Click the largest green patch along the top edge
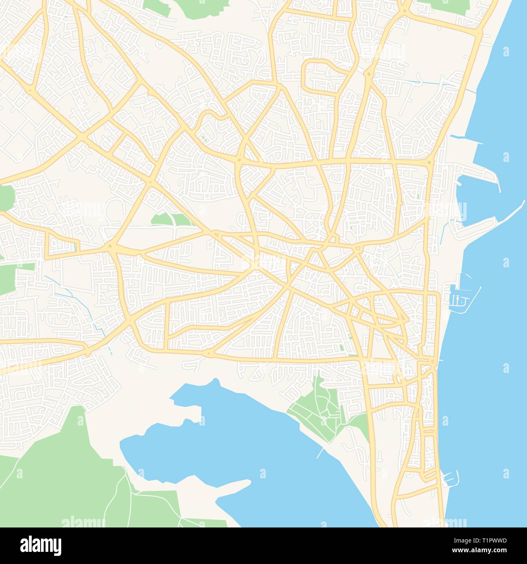click(x=195, y=8)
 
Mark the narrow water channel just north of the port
click(x=466, y=140)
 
